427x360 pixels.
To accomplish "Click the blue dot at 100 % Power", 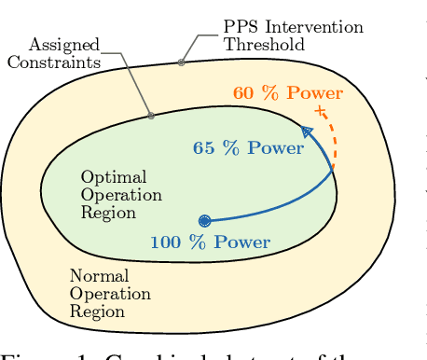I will click(x=205, y=221).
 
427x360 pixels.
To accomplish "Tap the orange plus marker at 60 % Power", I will click(x=320, y=111).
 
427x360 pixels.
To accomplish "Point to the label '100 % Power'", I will click(x=210, y=242).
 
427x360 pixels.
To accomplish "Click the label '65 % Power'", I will click(x=248, y=148).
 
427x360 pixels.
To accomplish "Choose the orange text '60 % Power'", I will click(x=288, y=93).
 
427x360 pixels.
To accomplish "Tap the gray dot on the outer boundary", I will click(x=182, y=62).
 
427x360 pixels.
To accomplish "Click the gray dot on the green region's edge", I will click(x=151, y=117).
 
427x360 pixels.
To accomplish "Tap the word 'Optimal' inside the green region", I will click(x=106, y=177).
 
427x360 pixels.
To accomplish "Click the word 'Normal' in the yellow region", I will click(x=99, y=277).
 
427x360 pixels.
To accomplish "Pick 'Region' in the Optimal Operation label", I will click(x=108, y=213).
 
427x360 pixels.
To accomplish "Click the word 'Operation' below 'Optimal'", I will click(x=121, y=195).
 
